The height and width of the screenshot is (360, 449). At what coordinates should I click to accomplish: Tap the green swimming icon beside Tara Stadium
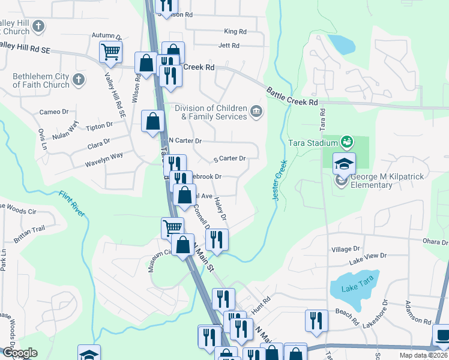(346, 142)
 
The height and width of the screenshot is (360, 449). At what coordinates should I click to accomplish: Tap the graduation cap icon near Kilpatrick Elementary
(344, 163)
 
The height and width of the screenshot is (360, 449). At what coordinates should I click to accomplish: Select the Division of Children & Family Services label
(211, 112)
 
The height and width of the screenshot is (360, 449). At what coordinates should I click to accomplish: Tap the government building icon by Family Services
(256, 111)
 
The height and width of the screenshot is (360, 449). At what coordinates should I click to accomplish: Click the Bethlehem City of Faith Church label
(41, 80)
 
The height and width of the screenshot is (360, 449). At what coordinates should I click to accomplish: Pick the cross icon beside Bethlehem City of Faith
(78, 79)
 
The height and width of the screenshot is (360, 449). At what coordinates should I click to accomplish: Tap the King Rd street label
(235, 31)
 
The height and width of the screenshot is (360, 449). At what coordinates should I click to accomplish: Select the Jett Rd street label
(229, 46)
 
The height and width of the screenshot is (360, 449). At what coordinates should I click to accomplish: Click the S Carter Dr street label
(230, 159)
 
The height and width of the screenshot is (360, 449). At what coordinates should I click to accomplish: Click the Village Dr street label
(345, 248)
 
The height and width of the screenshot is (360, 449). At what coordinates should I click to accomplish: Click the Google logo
(19, 353)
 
